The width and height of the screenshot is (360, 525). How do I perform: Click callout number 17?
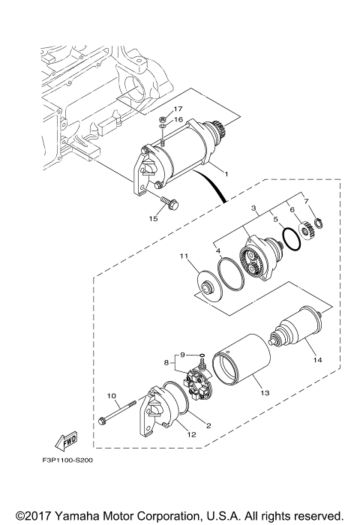pyautogui.click(x=178, y=109)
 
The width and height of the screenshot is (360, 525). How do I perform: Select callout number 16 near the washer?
pyautogui.click(x=178, y=119)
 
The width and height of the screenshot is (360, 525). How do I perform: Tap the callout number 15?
pyautogui.click(x=153, y=219)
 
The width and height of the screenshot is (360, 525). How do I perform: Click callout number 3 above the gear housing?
pyautogui.click(x=254, y=206)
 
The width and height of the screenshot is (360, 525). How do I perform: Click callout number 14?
pyautogui.click(x=317, y=360)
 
